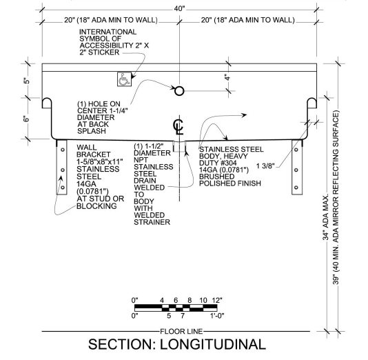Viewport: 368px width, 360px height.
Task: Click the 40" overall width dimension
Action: coord(179,9)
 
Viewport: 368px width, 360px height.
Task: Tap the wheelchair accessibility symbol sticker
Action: coord(124,79)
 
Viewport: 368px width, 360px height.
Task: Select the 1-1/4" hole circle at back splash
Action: coord(179,90)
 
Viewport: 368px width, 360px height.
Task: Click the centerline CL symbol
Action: coord(178,127)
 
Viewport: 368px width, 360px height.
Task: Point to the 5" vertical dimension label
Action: coord(27,81)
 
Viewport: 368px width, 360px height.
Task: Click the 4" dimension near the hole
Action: coord(227,77)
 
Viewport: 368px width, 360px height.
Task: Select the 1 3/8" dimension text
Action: coord(265,166)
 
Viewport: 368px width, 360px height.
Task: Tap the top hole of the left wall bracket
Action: coord(63,150)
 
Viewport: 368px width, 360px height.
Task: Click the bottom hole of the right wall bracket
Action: coord(296,188)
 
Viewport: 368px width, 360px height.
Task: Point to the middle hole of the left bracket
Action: coord(63,170)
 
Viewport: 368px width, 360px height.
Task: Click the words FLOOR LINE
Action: coord(181,331)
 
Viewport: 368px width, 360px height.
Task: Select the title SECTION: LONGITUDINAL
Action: coord(177,344)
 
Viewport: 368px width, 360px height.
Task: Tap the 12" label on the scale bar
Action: coord(217,300)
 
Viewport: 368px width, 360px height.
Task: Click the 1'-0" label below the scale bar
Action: coord(217,316)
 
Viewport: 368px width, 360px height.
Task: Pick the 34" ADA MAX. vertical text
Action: coord(325,217)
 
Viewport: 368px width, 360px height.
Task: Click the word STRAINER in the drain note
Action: coord(152,222)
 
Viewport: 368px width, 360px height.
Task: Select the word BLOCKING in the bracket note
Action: coord(96,206)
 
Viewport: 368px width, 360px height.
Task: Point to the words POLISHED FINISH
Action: coord(230,183)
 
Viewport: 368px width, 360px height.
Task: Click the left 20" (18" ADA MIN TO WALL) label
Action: coord(111,20)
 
